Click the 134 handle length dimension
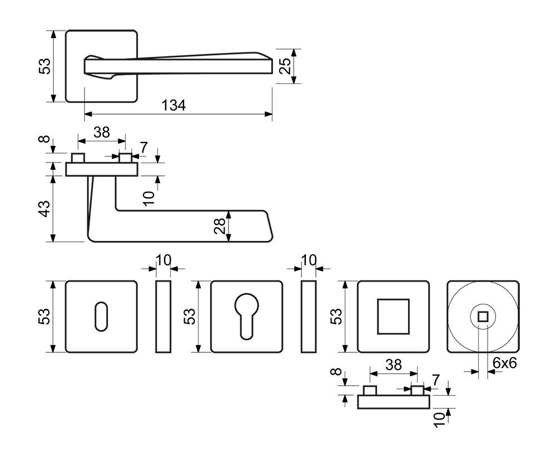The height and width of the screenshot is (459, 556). pyautogui.click(x=173, y=105)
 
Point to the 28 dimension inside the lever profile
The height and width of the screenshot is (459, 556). pyautogui.click(x=220, y=225)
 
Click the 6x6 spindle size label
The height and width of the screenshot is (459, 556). pyautogui.click(x=505, y=363)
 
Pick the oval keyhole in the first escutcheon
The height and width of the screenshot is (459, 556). pyautogui.click(x=101, y=317)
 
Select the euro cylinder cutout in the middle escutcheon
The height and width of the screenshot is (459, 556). pyautogui.click(x=246, y=315)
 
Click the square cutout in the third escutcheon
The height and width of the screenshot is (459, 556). pyautogui.click(x=393, y=317)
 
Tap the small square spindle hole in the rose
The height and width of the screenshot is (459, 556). pyautogui.click(x=483, y=317)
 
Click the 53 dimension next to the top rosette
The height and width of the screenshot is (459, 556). pyautogui.click(x=44, y=66)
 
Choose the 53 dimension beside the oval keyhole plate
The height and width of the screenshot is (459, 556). pyautogui.click(x=44, y=317)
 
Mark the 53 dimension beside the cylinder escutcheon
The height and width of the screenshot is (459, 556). pyautogui.click(x=190, y=317)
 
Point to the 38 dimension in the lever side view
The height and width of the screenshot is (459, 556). pyautogui.click(x=101, y=132)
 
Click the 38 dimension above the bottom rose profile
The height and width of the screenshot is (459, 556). pyautogui.click(x=393, y=365)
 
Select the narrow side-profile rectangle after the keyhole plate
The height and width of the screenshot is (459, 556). pyautogui.click(x=163, y=317)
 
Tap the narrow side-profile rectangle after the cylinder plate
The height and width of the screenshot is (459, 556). pyautogui.click(x=309, y=317)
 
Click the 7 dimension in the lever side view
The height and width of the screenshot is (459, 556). pyautogui.click(x=143, y=147)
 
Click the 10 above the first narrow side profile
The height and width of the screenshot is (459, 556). pyautogui.click(x=163, y=260)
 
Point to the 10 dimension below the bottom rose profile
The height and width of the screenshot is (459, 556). pyautogui.click(x=439, y=418)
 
